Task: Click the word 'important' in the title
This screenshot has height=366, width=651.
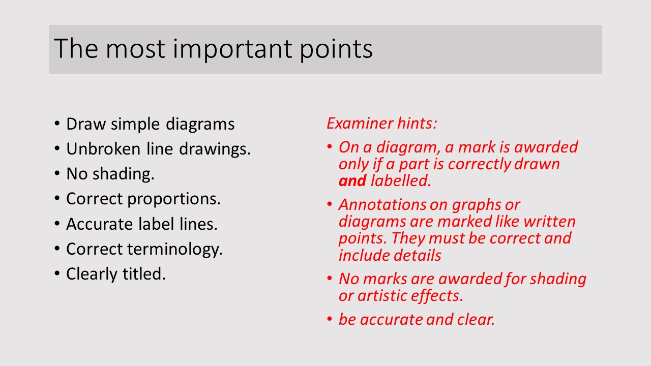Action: coord(232,49)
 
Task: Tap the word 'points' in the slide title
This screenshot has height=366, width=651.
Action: coord(336,49)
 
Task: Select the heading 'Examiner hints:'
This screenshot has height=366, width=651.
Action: coord(382,123)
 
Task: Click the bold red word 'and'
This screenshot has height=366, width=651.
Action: coord(352,180)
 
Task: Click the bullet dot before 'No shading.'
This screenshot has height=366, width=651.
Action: coord(57,173)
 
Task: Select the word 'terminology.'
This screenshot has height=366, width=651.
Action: coord(174,250)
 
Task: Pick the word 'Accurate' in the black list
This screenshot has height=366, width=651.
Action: coord(99,224)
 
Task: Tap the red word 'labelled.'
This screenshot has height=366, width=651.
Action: coord(401,180)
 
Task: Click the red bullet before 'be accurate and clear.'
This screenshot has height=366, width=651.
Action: coord(329,319)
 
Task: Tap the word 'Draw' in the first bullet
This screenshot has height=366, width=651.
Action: coord(86,124)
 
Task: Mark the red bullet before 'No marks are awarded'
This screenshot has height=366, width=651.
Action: coord(329,278)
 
